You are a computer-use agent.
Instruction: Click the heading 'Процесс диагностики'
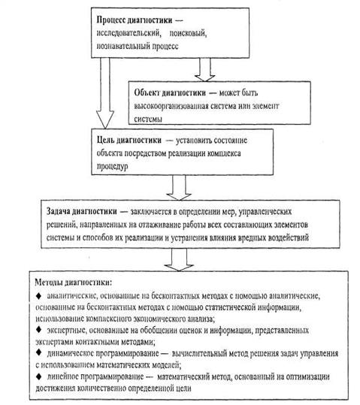[135, 20]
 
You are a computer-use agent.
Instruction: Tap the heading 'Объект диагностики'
[170, 92]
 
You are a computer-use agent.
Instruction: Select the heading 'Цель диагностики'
[129, 141]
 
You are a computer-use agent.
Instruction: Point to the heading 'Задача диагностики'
[82, 211]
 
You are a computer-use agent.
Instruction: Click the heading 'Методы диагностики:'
[74, 283]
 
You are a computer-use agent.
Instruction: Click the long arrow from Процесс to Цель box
[105, 93]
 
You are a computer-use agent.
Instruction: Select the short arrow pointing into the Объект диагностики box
[205, 69]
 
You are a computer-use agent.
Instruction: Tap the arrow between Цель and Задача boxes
[179, 188]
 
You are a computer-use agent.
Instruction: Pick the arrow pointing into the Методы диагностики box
[179, 259]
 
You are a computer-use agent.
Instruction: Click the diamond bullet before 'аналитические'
[39, 296]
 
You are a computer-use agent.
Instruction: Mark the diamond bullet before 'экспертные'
[39, 330]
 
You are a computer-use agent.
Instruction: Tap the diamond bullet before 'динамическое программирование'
[39, 352]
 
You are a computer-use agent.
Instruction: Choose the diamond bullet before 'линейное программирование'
[39, 376]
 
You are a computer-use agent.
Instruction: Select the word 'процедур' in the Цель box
[113, 166]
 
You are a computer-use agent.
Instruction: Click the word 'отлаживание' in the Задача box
[160, 225]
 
